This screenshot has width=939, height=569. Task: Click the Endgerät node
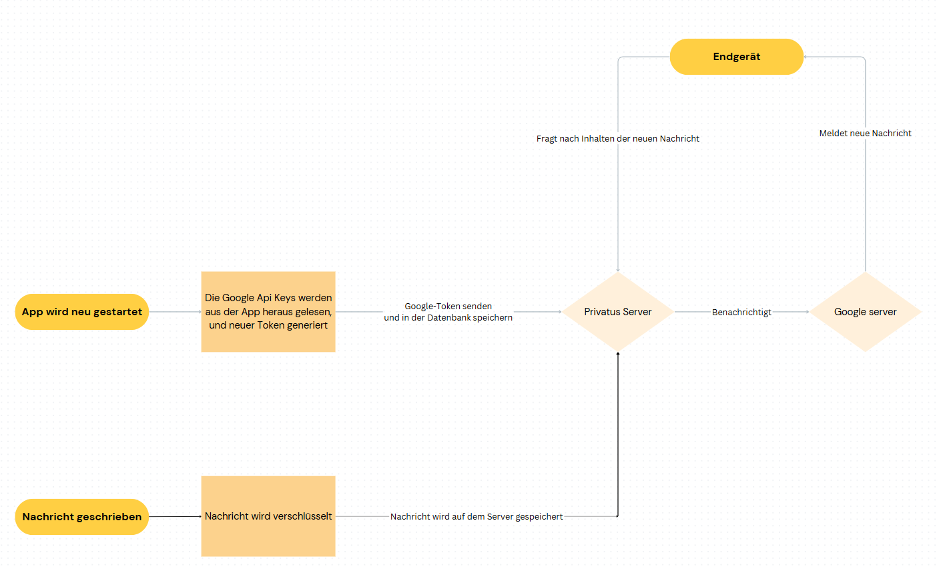[737, 57]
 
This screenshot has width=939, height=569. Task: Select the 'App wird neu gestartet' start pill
[81, 312]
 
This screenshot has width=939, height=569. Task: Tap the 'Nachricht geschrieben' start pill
[81, 516]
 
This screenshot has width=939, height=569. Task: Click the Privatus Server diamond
[618, 312]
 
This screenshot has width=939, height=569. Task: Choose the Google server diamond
[865, 312]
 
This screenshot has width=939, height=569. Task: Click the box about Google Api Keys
[268, 312]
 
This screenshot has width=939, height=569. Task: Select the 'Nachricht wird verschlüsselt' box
[268, 516]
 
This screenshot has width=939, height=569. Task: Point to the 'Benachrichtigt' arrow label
[741, 312]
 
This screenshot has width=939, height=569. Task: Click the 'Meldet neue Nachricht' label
[865, 134]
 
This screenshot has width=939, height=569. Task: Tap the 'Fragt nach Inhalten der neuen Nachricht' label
[618, 139]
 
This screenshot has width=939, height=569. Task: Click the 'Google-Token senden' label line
[448, 307]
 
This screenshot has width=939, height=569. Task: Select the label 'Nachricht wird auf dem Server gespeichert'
[477, 516]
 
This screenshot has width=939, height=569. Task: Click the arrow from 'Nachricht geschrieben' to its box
[176, 516]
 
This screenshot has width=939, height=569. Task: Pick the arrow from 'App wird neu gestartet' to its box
[176, 312]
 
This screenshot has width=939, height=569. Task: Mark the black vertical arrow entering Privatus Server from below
[618, 434]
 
